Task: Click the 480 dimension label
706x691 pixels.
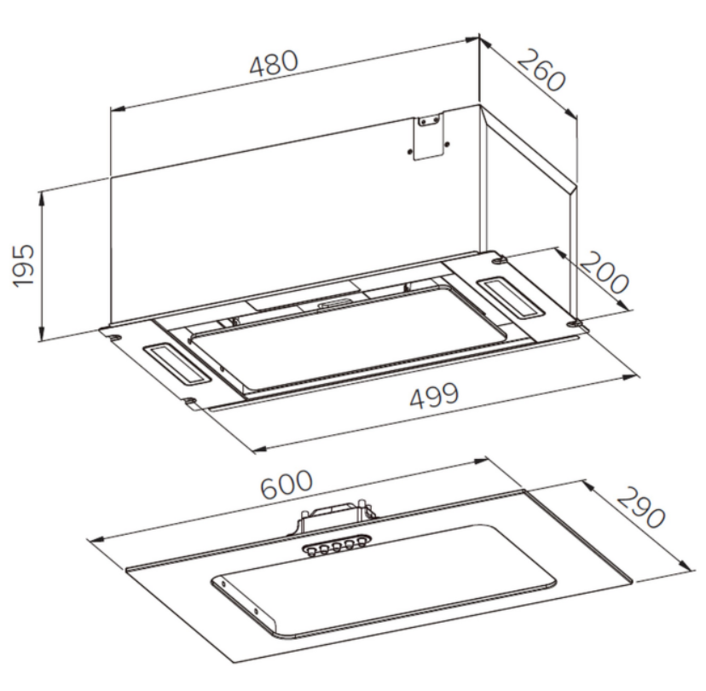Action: [274, 63]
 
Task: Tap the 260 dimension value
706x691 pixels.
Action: [541, 70]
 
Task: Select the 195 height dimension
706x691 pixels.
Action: [23, 265]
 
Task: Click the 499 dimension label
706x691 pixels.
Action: [435, 396]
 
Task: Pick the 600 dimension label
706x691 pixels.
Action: [286, 485]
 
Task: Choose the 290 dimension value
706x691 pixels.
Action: [640, 508]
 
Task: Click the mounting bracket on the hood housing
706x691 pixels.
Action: [428, 135]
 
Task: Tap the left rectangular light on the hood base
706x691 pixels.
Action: [177, 364]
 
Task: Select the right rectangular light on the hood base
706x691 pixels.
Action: [511, 298]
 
